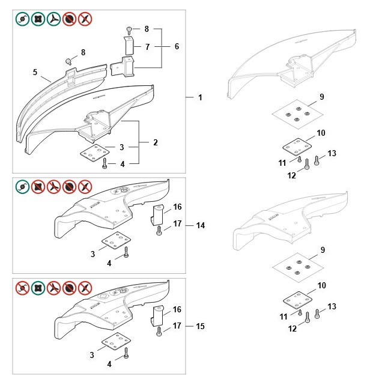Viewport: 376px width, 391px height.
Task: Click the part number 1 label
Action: click(x=200, y=97)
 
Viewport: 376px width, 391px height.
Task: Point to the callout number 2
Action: click(x=156, y=142)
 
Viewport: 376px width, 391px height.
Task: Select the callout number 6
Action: click(x=177, y=46)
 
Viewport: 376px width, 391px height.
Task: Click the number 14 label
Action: click(x=200, y=225)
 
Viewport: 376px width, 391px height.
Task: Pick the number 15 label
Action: click(x=200, y=326)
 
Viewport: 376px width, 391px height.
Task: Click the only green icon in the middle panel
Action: click(x=22, y=186)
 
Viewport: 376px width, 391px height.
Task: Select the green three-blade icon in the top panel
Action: click(x=54, y=19)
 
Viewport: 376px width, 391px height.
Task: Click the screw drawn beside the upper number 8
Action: click(x=129, y=29)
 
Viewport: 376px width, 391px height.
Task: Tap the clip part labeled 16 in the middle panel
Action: click(x=157, y=213)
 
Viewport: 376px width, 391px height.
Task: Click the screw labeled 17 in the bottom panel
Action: click(x=159, y=329)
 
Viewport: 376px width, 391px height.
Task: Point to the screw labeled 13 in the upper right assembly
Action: click(x=318, y=160)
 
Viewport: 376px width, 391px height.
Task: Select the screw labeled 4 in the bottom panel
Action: click(x=126, y=354)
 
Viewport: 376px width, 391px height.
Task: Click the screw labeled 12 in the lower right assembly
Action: click(x=308, y=318)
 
